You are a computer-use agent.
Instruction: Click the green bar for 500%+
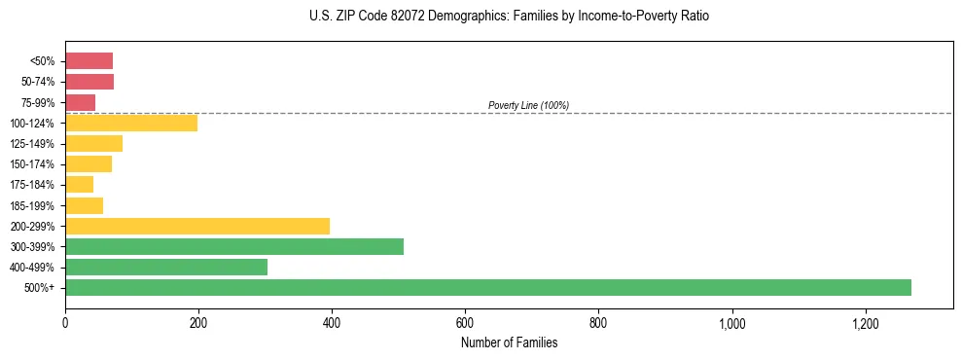click(487, 287)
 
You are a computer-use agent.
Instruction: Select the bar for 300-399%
click(233, 246)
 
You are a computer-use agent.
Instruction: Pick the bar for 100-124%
click(130, 123)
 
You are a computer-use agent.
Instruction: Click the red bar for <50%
click(89, 61)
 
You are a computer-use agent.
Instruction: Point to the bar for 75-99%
click(80, 102)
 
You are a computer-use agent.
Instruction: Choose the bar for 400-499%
click(165, 267)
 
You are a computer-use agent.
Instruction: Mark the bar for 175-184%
click(79, 185)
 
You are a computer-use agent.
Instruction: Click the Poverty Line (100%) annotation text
click(528, 105)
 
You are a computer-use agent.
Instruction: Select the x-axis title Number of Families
click(509, 342)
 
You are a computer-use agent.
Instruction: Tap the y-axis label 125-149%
click(32, 144)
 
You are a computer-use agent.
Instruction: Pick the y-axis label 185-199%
click(32, 205)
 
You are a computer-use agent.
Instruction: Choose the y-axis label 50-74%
click(35, 82)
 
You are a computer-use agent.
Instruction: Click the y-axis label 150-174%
click(32, 164)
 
